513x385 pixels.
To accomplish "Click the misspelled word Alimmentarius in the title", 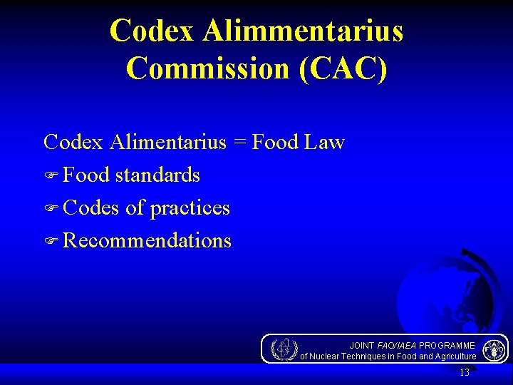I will [303, 31].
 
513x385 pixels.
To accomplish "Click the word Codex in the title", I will [153, 31].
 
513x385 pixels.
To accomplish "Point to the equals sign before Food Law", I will [239, 142].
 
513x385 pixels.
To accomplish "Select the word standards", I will [157, 175].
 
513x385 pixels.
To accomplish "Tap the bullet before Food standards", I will [51, 175].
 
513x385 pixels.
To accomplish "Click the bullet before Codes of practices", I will [51, 208].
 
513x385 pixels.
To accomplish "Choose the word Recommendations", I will [147, 240].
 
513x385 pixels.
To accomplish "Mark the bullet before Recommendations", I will [51, 241].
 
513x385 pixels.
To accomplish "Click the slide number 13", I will [465, 372].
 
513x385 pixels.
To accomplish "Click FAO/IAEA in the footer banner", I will [396, 345].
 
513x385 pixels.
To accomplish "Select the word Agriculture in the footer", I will [452, 356].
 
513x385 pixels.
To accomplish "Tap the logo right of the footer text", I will [494, 349].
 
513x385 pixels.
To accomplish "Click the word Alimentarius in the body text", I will [167, 142].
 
